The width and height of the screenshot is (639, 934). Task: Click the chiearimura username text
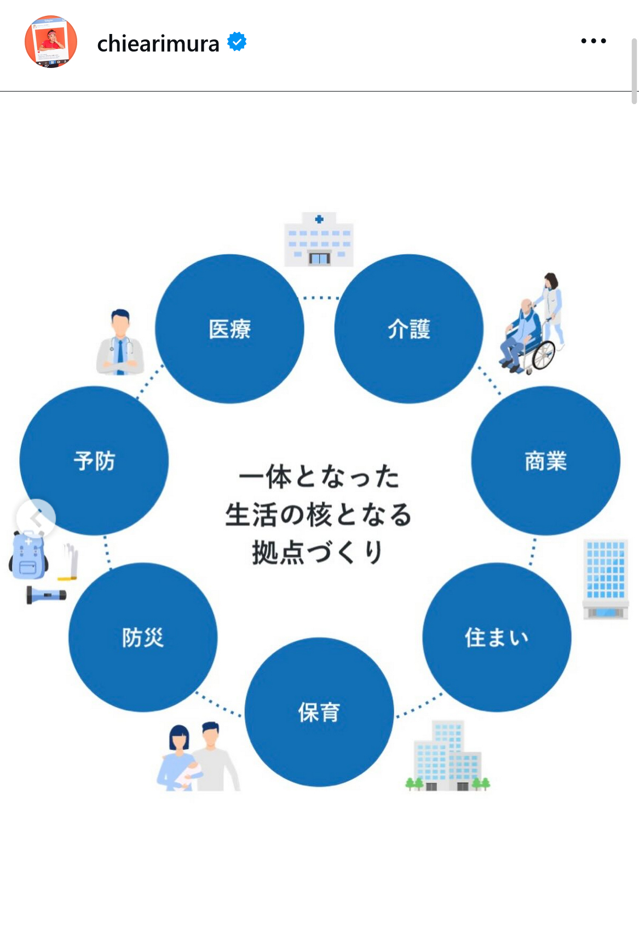click(158, 43)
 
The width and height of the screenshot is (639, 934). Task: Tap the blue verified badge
click(237, 41)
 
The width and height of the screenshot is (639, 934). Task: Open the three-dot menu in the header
click(593, 41)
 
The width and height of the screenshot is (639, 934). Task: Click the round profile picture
click(51, 42)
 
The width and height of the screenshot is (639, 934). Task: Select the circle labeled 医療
click(229, 328)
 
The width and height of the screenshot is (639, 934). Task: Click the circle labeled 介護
click(408, 328)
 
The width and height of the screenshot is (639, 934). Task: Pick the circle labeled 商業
click(546, 461)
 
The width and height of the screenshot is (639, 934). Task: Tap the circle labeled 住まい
click(497, 637)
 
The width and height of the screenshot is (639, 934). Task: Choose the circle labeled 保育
click(319, 712)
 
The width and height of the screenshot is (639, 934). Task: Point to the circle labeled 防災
click(143, 637)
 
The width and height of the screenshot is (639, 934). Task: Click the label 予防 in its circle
click(94, 461)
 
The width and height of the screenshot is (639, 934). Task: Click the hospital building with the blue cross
click(319, 240)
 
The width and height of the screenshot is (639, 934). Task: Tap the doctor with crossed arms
click(120, 342)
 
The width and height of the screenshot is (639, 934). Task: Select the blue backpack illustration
click(28, 555)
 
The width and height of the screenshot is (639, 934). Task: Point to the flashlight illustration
click(46, 595)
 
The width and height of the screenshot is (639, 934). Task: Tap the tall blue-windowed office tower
click(606, 579)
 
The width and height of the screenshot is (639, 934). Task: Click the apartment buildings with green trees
click(448, 755)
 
